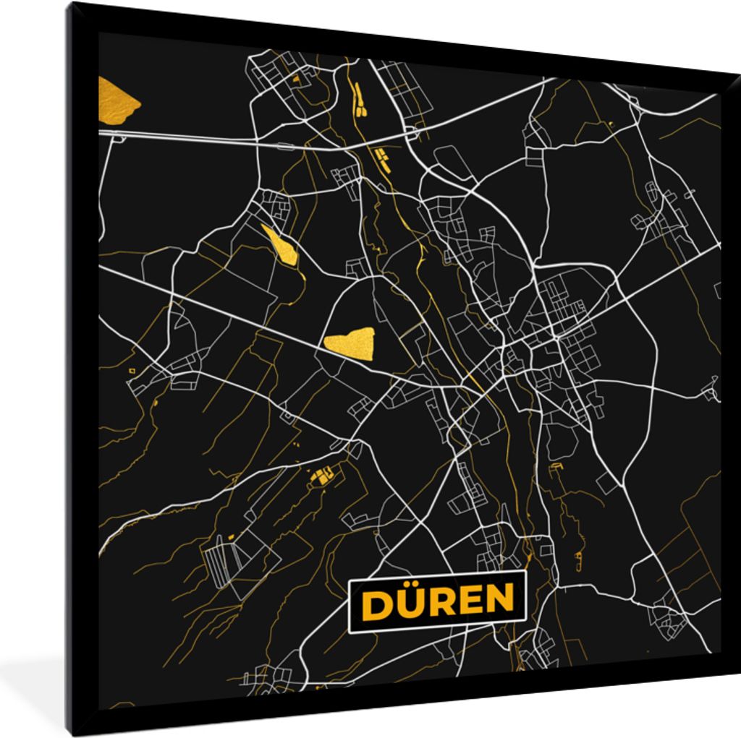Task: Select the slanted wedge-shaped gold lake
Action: click(x=281, y=245)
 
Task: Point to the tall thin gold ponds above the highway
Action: click(x=358, y=100)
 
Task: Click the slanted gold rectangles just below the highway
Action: click(x=379, y=157)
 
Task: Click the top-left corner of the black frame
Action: click(x=70, y=7)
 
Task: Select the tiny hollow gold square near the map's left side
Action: click(x=132, y=371)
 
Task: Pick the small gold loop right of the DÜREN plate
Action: click(x=578, y=557)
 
